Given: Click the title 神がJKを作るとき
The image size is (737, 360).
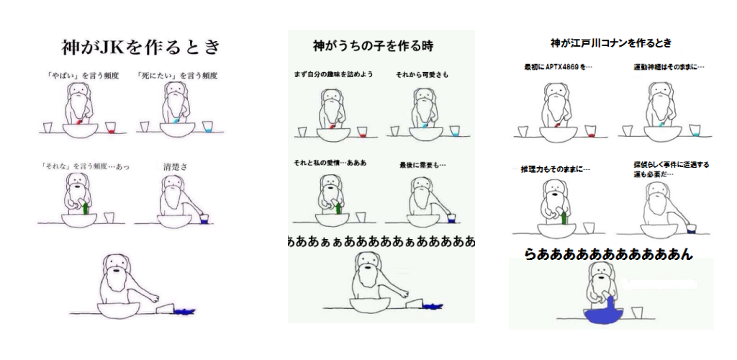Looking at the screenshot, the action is tap(140, 47).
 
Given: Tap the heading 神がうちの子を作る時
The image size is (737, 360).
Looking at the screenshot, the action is tap(373, 45).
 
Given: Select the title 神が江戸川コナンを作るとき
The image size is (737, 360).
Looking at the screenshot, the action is tap(611, 43).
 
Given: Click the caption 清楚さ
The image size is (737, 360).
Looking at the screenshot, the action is tap(176, 166).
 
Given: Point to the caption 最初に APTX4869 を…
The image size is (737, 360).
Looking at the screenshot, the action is tap(558, 67).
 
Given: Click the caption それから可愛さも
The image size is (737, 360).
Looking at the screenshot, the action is tap(422, 75).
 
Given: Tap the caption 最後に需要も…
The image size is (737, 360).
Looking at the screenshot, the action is tap(422, 165).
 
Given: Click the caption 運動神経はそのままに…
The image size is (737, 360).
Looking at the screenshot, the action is tap(669, 67).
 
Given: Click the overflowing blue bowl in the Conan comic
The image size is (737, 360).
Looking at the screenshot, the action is tap(604, 313).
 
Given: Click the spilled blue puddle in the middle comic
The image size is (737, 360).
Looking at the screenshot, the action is tap(433, 307).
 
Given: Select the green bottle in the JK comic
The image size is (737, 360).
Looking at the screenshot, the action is tap(85, 207).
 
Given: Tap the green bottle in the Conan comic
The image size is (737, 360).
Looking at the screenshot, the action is tap(564, 217).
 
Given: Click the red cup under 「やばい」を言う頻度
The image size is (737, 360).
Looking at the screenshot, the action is tap(110, 128).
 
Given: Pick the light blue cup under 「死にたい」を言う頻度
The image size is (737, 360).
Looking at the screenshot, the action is tap(208, 127).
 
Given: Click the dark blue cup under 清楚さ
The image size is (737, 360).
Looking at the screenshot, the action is tap(204, 219).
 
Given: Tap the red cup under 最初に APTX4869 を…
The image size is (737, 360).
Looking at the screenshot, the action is tap(591, 132).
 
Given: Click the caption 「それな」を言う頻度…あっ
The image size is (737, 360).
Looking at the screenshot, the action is tap(85, 166).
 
